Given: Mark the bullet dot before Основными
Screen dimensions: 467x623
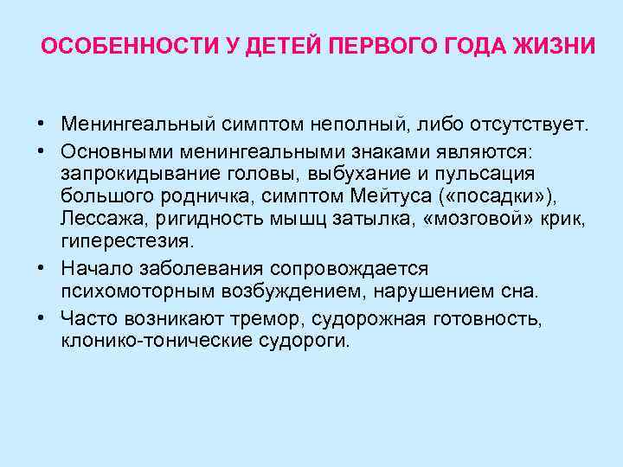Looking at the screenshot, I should pos(41,151).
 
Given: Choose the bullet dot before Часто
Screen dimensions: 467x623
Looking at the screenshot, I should pos(41,319).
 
